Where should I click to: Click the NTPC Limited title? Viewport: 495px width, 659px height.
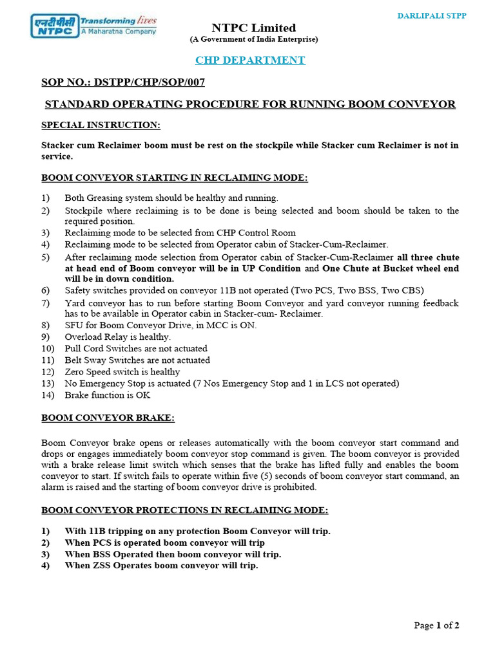click(x=254, y=28)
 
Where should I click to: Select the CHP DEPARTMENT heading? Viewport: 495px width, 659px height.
click(x=250, y=60)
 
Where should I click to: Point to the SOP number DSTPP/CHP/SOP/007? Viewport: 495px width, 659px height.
click(x=150, y=82)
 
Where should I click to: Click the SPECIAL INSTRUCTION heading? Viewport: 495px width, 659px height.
click(x=101, y=124)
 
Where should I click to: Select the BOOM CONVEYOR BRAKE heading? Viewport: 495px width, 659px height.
click(x=108, y=418)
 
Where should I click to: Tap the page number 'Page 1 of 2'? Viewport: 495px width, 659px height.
click(x=436, y=625)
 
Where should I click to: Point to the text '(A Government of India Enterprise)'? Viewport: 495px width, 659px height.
click(x=253, y=40)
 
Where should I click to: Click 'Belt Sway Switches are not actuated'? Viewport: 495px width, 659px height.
click(x=137, y=360)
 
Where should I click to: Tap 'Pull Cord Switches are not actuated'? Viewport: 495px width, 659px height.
click(x=136, y=348)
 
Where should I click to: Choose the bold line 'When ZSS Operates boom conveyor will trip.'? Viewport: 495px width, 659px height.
click(x=161, y=566)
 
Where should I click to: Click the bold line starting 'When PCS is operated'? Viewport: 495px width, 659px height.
click(x=164, y=543)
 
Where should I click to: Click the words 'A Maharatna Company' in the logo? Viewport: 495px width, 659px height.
click(x=118, y=30)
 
